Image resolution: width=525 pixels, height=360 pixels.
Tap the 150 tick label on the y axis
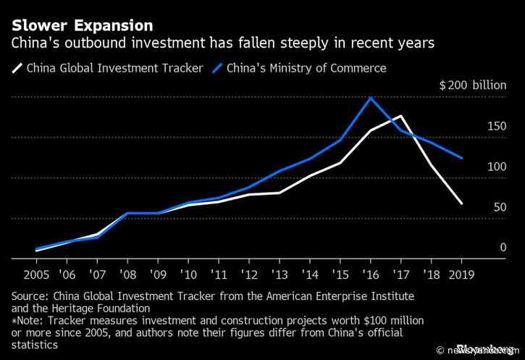[x=495, y=126]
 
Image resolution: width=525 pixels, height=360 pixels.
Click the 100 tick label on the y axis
[x=495, y=167]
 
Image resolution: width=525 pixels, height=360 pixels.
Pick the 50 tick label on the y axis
[x=499, y=207]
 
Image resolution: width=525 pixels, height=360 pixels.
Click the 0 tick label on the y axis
[x=503, y=248]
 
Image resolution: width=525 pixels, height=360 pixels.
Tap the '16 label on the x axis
[x=370, y=275]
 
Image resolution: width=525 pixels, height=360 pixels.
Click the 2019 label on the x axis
[x=461, y=275]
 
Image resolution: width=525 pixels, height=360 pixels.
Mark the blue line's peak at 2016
[x=371, y=97]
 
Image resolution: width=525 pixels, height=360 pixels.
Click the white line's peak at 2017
[x=401, y=116]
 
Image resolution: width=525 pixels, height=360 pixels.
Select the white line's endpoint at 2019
[x=461, y=204]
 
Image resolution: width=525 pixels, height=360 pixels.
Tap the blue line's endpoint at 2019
[x=461, y=158]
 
